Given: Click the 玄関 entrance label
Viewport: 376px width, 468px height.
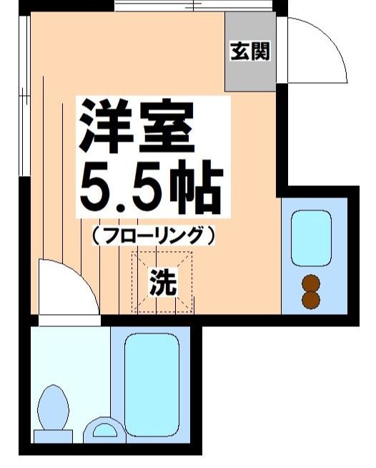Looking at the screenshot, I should coord(249,52).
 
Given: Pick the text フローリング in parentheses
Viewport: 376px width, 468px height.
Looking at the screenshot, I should coord(153,233).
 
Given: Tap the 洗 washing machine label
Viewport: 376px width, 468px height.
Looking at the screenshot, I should coord(163,284).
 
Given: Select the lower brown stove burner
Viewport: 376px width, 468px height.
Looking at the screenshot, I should coord(311,299).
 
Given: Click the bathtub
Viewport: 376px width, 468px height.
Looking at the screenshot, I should coord(152,387).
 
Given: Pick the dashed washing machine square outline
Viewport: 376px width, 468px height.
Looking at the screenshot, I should coord(164,283).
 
